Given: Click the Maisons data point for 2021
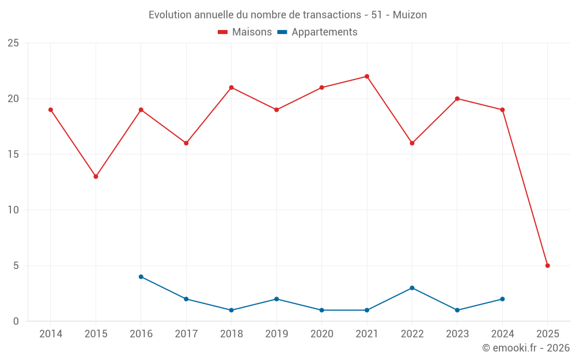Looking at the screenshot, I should coord(367,77).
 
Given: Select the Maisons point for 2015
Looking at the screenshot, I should coord(96,176).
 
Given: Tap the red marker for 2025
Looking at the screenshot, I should coord(548,266).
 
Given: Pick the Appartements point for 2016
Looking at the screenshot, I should coord(141,276).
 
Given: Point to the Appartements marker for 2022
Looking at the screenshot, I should coord(412,288).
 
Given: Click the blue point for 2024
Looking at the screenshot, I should coord(502,299).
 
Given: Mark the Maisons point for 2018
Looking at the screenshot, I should coord(232,88).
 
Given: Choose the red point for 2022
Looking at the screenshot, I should coord(412,143).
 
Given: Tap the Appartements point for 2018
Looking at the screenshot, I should coord(232,310).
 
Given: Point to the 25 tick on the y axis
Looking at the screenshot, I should coord(13,43).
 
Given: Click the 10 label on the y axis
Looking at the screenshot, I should coord(13,210).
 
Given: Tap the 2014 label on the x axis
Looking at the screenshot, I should coord(51,334).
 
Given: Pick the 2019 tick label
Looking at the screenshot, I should coord(276,334).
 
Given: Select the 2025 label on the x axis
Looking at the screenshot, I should coord(548,334).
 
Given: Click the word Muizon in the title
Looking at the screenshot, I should coord(410,15).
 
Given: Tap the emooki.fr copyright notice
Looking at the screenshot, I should coord(526,348).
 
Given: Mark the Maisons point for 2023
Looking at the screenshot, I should coord(457,98).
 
